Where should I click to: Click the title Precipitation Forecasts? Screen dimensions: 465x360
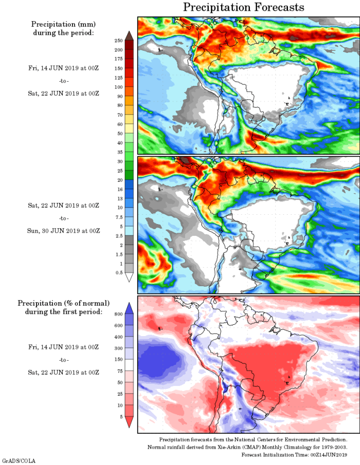244,7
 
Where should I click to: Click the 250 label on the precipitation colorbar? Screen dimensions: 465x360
118,40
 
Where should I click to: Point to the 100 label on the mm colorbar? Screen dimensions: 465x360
118,87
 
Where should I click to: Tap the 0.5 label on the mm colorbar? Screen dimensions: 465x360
118,273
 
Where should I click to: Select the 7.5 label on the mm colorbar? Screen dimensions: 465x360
118,217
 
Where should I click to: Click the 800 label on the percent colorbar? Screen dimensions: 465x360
118,313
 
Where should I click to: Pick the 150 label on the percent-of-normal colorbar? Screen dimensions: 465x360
118,359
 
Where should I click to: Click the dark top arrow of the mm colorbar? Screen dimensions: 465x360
130,35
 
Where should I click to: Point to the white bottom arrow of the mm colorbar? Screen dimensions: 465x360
130,277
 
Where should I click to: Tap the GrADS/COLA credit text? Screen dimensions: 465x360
19,461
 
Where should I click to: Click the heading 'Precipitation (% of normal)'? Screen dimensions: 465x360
64,303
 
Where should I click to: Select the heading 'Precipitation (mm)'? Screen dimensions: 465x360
64,24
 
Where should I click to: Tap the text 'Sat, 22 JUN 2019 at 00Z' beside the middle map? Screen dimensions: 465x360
64,206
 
